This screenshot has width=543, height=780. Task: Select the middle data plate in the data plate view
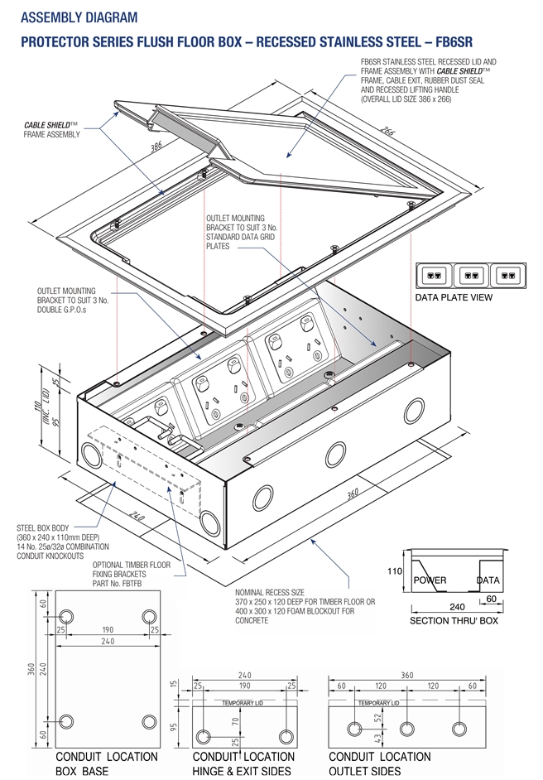click(469, 274)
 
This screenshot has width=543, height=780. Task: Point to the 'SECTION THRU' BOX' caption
click(454, 620)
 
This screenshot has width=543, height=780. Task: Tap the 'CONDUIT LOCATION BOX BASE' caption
click(106, 763)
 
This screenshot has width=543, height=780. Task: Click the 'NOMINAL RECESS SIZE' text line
click(272, 592)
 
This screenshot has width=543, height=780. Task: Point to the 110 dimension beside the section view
click(395, 571)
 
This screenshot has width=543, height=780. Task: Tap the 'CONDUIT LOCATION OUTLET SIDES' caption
click(379, 763)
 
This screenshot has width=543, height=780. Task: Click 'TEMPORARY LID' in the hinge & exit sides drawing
click(244, 703)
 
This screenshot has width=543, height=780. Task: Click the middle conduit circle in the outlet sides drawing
click(407, 728)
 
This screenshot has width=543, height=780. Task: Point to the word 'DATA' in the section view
click(488, 580)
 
